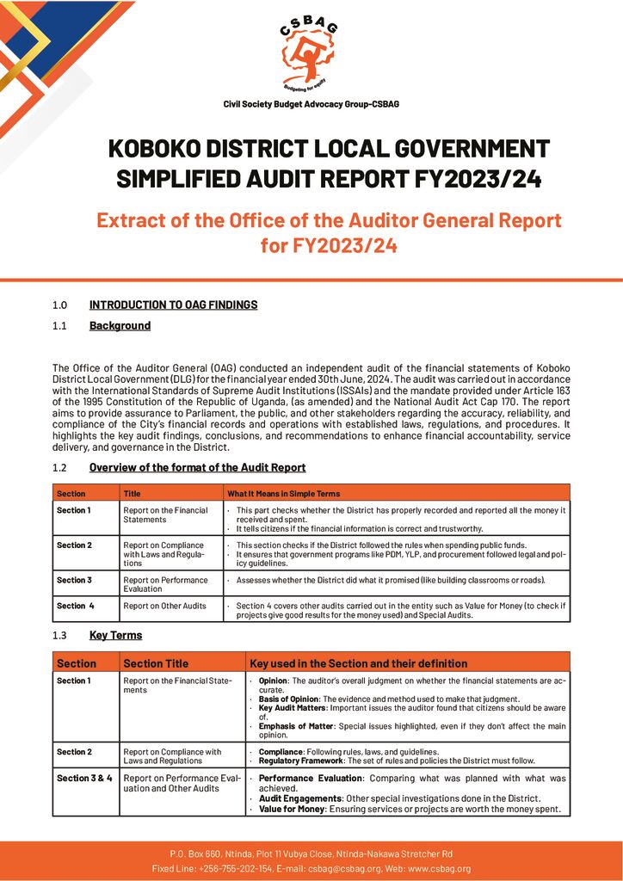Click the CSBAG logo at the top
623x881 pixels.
(x=311, y=54)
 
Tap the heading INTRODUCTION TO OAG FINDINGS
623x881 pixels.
(x=173, y=305)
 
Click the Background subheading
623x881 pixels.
(x=120, y=326)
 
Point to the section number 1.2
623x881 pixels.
(x=59, y=468)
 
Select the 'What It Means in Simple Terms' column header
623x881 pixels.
(x=283, y=494)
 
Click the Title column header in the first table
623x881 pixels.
(x=132, y=494)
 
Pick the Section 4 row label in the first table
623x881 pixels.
(x=76, y=606)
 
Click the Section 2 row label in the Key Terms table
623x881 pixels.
(x=74, y=752)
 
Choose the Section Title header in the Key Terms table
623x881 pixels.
(x=156, y=663)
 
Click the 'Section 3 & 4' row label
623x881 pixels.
(x=84, y=778)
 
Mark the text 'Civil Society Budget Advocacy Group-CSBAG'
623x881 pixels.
(x=311, y=104)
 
